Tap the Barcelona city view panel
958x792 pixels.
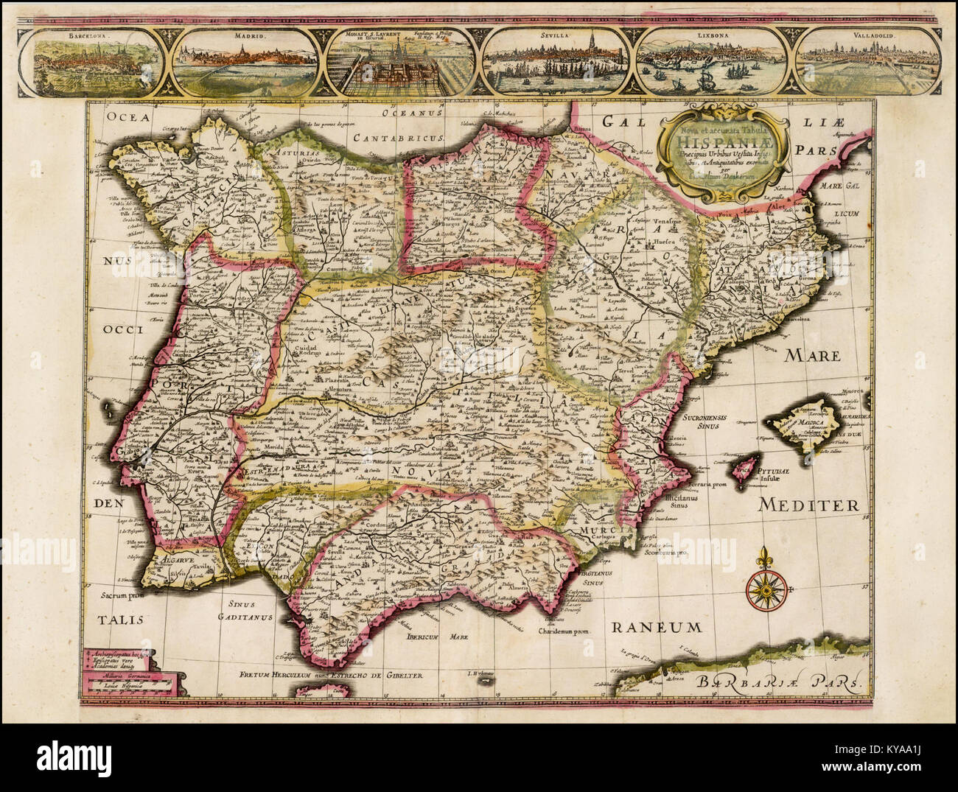(92, 63)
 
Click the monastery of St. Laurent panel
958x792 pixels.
(402, 63)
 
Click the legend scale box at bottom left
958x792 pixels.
(130, 671)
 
